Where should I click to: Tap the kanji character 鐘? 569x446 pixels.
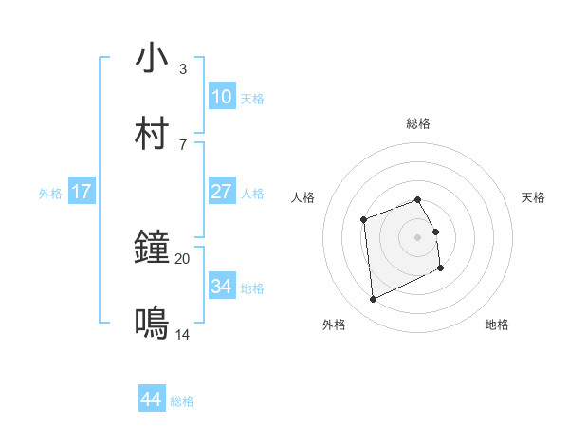coord(152,250)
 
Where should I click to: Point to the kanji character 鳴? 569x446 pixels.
coord(152,324)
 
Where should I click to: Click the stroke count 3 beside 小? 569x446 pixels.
coord(182,69)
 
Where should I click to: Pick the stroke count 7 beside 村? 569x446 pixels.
coord(182,144)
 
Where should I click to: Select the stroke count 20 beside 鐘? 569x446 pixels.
coord(183,258)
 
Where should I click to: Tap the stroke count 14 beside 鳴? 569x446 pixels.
coord(183,334)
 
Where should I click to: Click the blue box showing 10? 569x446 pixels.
coord(222,97)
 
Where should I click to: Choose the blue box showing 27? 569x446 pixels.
coord(222,192)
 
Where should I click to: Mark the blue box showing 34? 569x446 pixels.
coord(222,287)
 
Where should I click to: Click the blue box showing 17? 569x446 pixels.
coord(82,192)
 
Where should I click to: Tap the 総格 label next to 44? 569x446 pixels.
coord(182,401)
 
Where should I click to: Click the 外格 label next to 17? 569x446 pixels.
coord(50,194)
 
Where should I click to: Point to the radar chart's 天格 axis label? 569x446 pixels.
coord(533,197)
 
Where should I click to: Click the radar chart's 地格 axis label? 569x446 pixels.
coord(497,325)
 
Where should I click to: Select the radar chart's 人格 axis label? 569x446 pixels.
coord(303,197)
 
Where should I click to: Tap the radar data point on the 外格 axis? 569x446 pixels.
coord(373,300)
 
